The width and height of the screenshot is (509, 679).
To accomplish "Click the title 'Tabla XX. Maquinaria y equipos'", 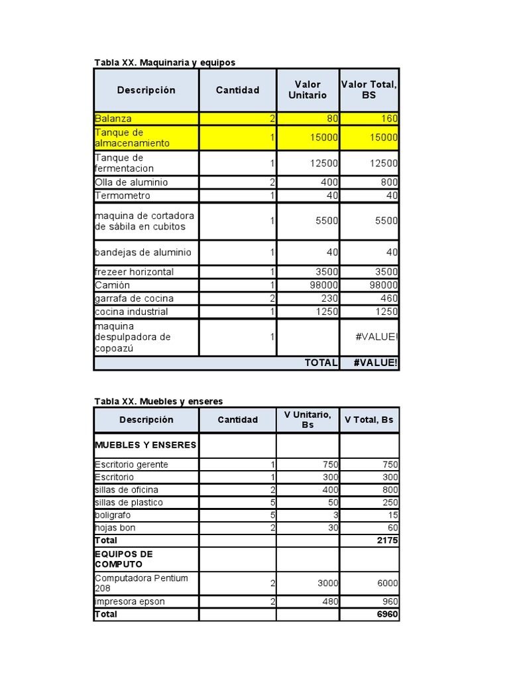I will point(164,62).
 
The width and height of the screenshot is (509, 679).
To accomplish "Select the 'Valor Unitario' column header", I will point(308,90).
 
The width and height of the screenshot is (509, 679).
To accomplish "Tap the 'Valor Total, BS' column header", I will point(369,90).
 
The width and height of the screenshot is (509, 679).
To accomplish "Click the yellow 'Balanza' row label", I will point(113,119).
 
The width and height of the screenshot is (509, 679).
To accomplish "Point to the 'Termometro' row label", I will point(123,196).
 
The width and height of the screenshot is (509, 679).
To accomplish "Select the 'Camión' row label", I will point(112,285).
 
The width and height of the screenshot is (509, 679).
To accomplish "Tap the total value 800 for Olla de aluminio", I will point(388,182).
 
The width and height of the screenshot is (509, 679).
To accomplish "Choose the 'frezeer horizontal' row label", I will point(134,272).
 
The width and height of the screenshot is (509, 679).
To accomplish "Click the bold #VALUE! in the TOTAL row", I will point(376,363).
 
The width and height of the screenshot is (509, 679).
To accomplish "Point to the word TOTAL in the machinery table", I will point(321,363).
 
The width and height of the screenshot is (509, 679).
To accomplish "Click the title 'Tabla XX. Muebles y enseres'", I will point(158,401).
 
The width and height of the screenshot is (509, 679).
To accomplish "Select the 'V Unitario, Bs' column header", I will point(308,420).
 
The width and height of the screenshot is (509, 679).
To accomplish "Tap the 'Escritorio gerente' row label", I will point(131,464).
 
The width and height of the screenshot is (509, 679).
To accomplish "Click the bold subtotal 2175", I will point(386,540).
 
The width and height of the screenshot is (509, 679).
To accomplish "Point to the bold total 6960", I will point(386,614).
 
